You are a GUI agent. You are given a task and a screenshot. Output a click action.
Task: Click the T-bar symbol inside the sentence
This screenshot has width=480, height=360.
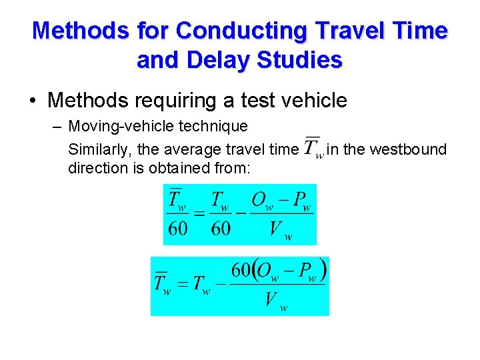pyautogui.click(x=312, y=148)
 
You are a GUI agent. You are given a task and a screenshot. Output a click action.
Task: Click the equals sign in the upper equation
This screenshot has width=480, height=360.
pyautogui.click(x=199, y=214)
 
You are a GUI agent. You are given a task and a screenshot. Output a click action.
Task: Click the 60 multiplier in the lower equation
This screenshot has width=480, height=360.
pyautogui.click(x=241, y=271)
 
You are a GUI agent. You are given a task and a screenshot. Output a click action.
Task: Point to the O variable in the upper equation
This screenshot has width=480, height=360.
pyautogui.click(x=260, y=201)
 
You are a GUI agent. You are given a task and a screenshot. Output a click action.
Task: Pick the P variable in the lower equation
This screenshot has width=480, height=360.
pyautogui.click(x=306, y=271)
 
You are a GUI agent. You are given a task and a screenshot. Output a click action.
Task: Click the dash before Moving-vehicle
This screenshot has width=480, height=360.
pyautogui.click(x=57, y=126)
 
